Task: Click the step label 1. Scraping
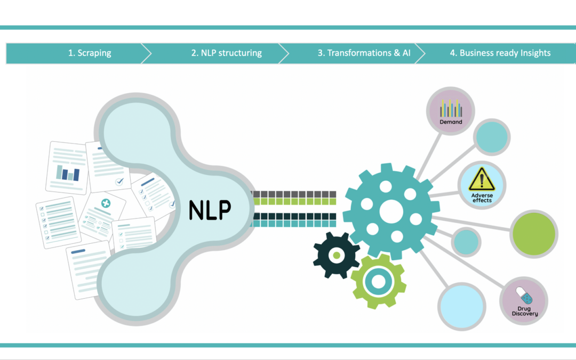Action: coord(90,53)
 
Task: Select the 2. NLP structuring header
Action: coord(226,53)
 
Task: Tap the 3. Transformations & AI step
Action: coord(364,53)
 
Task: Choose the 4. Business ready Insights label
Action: coord(500,53)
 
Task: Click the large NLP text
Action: coord(210,210)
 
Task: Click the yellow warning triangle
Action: coord(482,180)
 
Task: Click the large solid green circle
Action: coord(534,234)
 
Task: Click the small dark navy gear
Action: coord(336,255)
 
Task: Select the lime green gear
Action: coord(378,281)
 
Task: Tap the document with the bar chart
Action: coord(68,167)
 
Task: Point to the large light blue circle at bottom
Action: coord(462,306)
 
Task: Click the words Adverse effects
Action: coord(482,198)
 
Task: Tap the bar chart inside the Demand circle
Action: coord(451,109)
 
